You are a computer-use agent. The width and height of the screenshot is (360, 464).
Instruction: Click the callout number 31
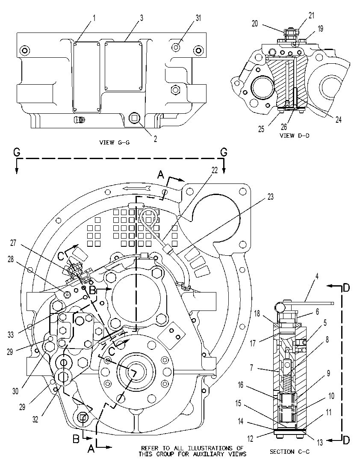click(198, 18)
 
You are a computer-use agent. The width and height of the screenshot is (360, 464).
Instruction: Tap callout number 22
click(215, 170)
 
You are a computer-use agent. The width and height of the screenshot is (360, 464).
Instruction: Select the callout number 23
click(270, 196)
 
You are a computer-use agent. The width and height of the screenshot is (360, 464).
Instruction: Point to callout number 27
click(13, 243)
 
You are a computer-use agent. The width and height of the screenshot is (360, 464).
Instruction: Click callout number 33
click(11, 335)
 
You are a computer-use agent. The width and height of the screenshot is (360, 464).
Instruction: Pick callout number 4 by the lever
click(317, 277)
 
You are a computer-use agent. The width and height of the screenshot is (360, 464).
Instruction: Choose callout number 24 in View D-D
click(338, 119)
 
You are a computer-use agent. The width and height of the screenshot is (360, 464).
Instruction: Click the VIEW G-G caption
click(115, 142)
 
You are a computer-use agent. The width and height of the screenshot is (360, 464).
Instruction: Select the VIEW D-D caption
click(294, 136)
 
